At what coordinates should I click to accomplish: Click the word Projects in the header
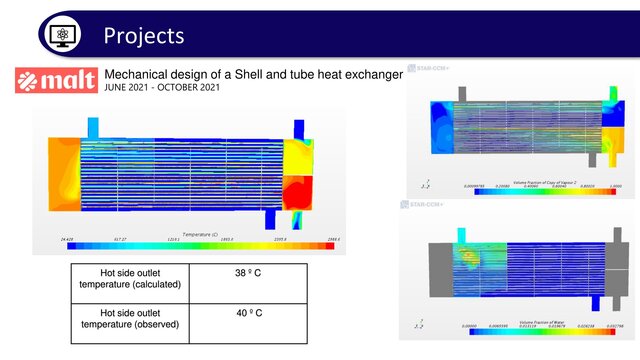pyautogui.click(x=144, y=36)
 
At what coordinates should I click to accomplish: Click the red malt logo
pyautogui.click(x=56, y=81)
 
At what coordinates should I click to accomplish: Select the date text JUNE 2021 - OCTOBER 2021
pyautogui.click(x=163, y=88)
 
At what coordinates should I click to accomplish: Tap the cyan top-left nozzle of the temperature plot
pyautogui.click(x=93, y=127)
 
